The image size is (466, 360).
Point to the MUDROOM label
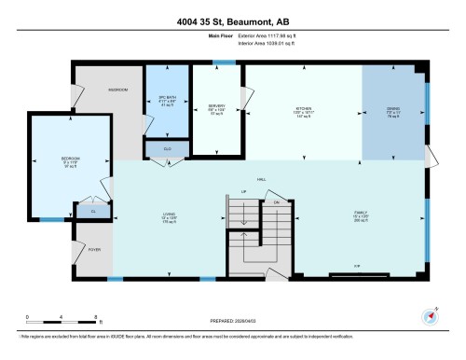[117, 90]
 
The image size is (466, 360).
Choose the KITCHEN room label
[302, 108]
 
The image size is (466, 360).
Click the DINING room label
[393, 108]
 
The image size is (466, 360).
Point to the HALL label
[262, 179]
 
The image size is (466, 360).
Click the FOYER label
[94, 250]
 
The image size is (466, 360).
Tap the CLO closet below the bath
[168, 147]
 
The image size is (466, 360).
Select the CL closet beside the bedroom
[93, 213]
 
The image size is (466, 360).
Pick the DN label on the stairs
[277, 201]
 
